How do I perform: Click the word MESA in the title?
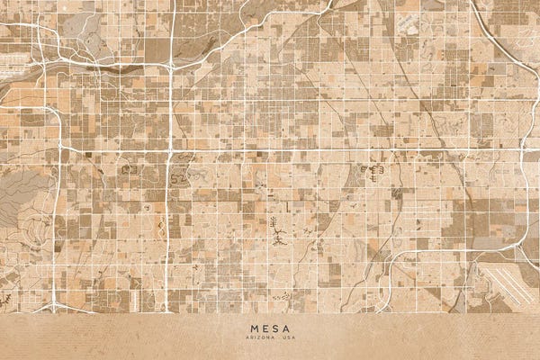[x=270, y=328]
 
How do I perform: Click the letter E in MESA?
[x=265, y=328]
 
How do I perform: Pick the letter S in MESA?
[x=275, y=328]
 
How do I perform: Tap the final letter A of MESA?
[x=286, y=328]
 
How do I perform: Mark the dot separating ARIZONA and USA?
[x=278, y=337]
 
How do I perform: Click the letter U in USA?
[x=283, y=337]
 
